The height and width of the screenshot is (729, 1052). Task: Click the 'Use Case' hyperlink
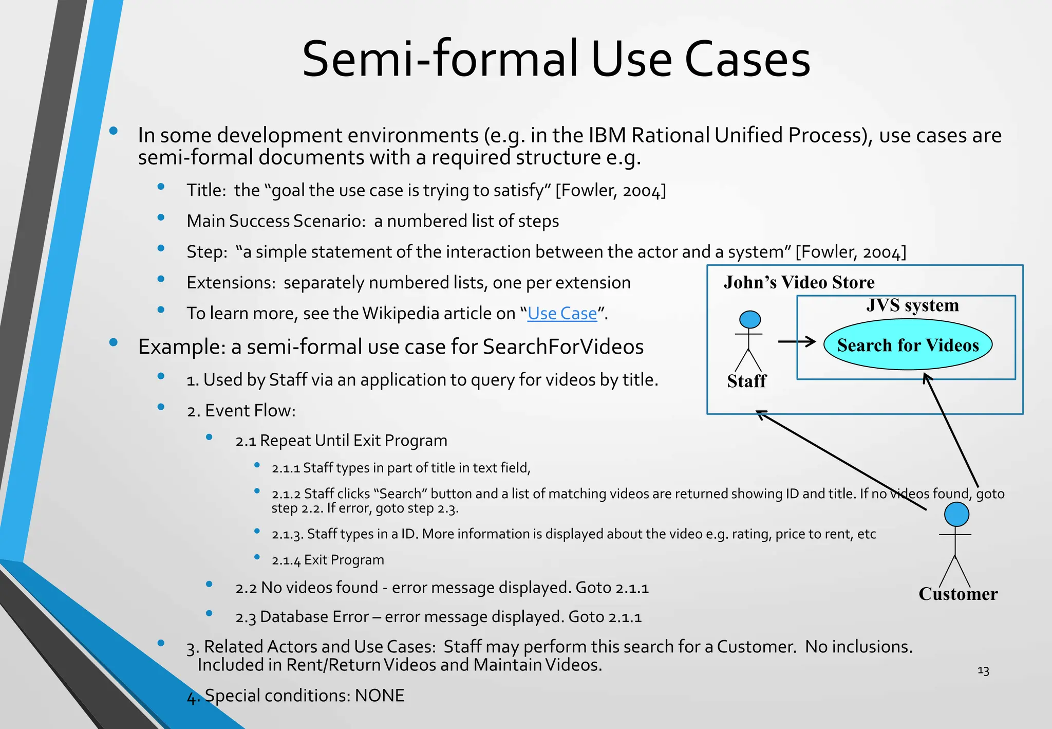click(x=562, y=314)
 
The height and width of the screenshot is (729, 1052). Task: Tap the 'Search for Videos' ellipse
click(x=908, y=344)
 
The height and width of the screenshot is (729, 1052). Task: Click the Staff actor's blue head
click(x=749, y=319)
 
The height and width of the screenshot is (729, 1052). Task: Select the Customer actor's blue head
click(x=956, y=514)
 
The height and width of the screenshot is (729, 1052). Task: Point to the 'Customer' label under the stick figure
click(x=958, y=594)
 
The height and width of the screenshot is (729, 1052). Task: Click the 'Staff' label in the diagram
click(x=746, y=381)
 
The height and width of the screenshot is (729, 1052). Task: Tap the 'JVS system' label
click(x=912, y=305)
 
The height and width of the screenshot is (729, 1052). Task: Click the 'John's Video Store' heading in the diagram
click(x=799, y=282)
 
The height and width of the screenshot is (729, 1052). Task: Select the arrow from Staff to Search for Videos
click(x=796, y=341)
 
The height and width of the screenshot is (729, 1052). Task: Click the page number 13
click(x=983, y=671)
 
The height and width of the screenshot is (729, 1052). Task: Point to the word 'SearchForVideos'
click(x=563, y=347)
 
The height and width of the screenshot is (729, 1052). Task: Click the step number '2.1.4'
click(x=286, y=560)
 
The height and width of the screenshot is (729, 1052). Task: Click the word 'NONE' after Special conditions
click(x=380, y=696)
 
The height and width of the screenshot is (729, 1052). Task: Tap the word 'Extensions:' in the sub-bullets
click(x=232, y=283)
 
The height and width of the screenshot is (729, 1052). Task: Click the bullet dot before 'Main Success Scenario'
click(x=161, y=218)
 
